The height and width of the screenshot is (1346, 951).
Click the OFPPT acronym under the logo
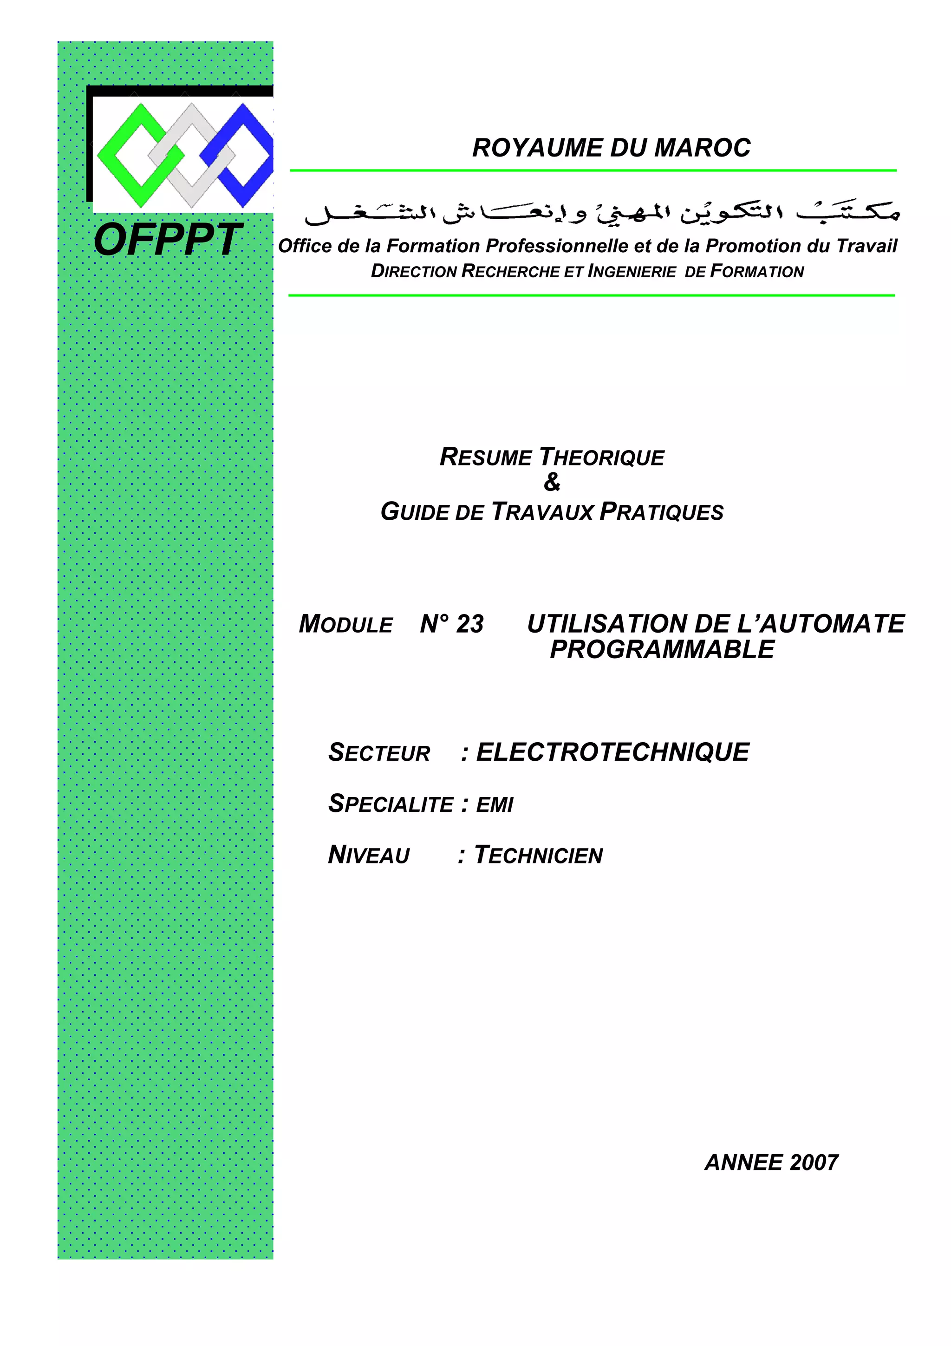[x=168, y=241]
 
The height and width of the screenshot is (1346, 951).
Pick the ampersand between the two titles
[x=551, y=483]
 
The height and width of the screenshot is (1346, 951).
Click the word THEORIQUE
[x=601, y=457]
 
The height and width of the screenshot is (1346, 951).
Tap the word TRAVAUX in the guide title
[x=542, y=512]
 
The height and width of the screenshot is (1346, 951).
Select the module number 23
[x=470, y=624]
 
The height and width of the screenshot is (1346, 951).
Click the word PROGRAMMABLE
[x=662, y=650]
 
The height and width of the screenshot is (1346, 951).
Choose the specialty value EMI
[x=495, y=805]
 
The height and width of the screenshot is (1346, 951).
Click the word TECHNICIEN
[x=539, y=856]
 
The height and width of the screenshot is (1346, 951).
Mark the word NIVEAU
[x=369, y=856]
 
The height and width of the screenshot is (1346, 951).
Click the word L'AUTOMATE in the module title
[x=821, y=624]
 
